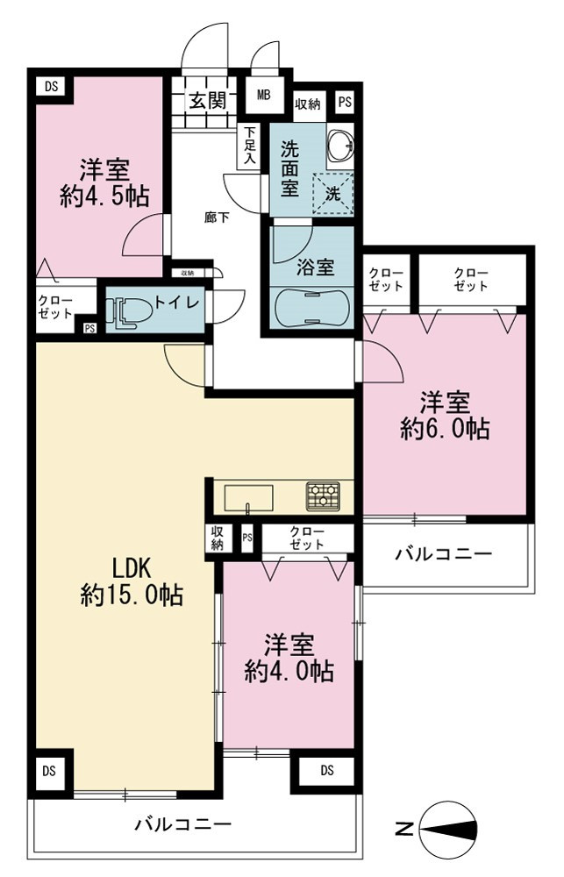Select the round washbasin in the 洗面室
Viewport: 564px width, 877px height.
tap(340, 143)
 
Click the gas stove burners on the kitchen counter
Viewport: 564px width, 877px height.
tap(323, 496)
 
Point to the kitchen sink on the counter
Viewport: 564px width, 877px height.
tap(249, 498)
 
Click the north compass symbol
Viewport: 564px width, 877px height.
tap(447, 829)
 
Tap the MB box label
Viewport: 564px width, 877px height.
tap(263, 95)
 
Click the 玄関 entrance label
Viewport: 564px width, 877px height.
tap(207, 101)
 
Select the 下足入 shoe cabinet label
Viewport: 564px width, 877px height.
tap(250, 145)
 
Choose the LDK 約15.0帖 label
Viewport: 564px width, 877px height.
tap(132, 581)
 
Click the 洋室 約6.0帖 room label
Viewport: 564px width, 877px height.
tap(446, 416)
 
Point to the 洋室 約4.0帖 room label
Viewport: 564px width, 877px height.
tap(289, 658)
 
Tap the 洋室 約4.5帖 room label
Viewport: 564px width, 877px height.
tap(104, 182)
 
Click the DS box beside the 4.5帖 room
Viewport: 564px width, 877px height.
tap(51, 87)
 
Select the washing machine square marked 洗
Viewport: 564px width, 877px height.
tap(333, 194)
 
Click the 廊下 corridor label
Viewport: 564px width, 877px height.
tap(218, 217)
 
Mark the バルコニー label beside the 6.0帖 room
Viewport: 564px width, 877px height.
tap(444, 553)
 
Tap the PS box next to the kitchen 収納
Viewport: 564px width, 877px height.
tap(247, 538)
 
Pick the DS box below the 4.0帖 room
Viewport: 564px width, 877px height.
tap(327, 771)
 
